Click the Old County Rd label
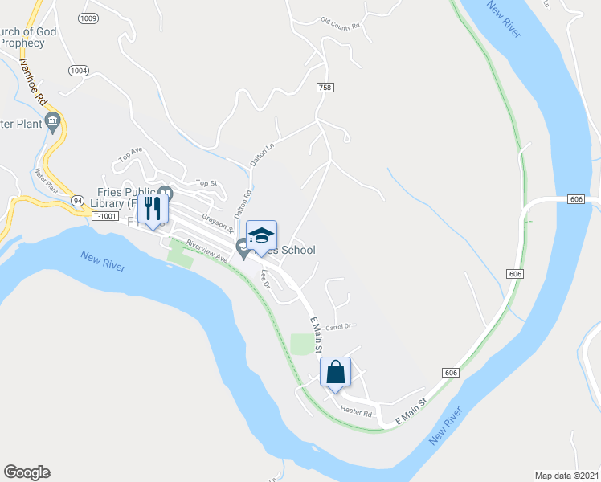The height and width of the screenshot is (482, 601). point(340,23)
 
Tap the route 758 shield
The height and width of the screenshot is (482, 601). point(325,88)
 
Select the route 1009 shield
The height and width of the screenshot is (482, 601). point(88,18)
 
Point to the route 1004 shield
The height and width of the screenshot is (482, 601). point(78,71)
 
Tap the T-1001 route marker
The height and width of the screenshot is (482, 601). point(105,216)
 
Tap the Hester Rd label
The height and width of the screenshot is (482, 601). point(357,412)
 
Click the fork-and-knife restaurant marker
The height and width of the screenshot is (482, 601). point(153,210)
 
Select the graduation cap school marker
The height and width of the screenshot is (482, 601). point(261,236)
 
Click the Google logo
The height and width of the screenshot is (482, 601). point(27,472)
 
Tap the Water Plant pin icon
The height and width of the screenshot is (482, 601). point(54,122)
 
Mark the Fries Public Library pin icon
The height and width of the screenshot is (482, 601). point(166,193)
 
